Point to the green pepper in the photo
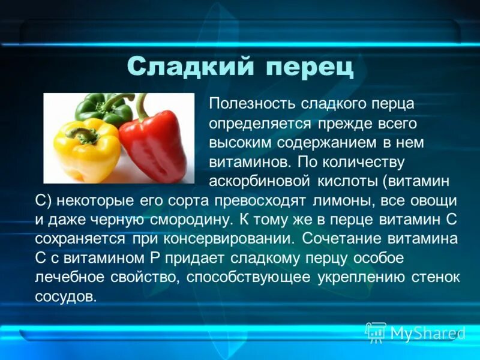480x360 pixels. pyautogui.click(x=102, y=107)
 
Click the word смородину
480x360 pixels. pyautogui.click(x=184, y=220)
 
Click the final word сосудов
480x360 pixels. pyautogui.click(x=65, y=297)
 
